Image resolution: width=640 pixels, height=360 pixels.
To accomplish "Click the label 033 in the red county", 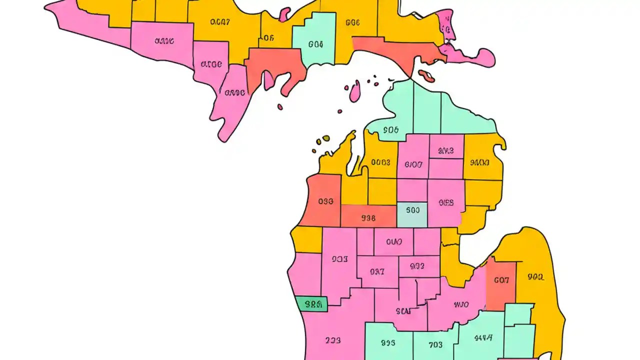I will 325,201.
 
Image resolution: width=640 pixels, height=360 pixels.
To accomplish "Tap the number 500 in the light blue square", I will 412,210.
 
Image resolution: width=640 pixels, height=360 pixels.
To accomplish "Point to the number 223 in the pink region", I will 332,340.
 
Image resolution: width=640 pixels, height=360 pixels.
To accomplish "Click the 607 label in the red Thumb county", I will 501,280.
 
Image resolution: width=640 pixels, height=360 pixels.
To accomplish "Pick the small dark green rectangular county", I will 311,304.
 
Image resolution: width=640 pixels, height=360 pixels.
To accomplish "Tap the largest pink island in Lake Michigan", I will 354,92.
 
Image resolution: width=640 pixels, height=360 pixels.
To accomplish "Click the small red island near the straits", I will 427,76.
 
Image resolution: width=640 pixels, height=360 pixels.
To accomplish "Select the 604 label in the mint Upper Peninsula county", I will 315,44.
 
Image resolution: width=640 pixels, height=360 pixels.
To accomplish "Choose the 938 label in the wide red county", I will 368,218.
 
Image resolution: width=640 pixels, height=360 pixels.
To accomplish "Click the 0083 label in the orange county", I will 380,162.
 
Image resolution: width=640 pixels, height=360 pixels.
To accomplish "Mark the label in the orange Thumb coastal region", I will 535,276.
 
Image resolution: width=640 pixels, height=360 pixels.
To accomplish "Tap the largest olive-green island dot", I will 326,138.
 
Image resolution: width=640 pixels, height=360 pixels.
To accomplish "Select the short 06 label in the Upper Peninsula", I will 268,37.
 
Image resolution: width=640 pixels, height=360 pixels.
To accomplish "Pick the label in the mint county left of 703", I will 387,343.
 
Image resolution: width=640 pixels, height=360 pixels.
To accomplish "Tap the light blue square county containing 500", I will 412,214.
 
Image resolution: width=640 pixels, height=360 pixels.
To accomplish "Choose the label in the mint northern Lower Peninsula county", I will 391,130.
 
